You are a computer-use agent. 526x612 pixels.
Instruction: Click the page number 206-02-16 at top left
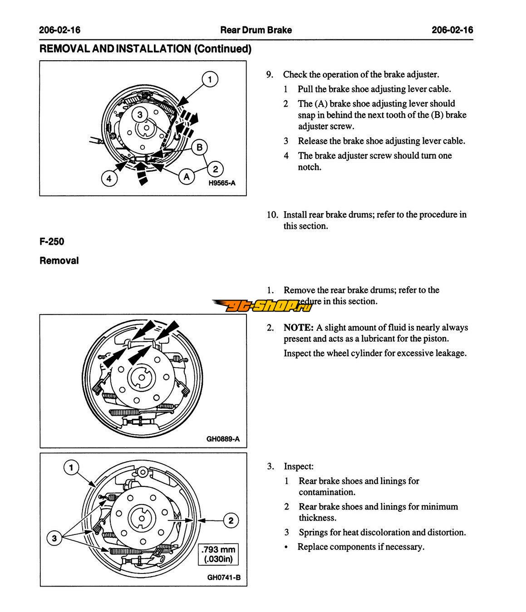point(59,30)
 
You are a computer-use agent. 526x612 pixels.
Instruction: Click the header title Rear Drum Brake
point(256,30)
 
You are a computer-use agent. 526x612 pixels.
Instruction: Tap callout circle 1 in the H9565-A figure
point(210,79)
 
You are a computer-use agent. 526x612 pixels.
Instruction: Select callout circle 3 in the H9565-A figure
point(140,115)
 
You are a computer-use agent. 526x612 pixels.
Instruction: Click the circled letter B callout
point(199,147)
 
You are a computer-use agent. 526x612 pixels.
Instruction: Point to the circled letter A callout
point(187,176)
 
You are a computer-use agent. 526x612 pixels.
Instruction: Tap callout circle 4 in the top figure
point(109,179)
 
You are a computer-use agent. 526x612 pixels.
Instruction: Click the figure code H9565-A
point(222,183)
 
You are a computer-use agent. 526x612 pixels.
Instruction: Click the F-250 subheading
point(52,242)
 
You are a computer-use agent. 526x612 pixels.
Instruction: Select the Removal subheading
point(59,261)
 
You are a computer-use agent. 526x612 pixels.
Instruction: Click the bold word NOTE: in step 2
point(299,327)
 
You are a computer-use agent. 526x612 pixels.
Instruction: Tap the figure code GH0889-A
point(223,439)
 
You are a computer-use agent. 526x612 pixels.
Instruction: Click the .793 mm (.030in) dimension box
point(218,554)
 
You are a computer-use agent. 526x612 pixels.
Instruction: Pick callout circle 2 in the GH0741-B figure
point(231,520)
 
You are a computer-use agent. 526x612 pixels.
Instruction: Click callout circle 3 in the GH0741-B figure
point(54,538)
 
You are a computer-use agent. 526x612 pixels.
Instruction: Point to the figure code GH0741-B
point(224,577)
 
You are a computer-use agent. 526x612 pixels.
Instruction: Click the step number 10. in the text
point(272,215)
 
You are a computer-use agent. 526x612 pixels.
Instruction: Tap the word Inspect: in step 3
point(299,466)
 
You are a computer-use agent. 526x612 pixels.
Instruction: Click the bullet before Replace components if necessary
point(285,547)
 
